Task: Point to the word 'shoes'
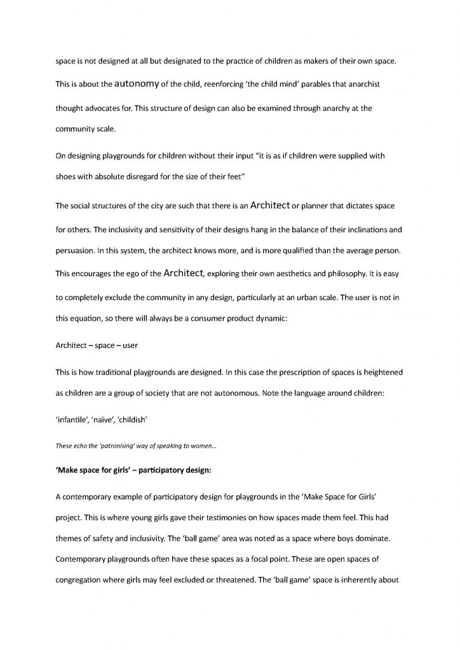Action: (67, 176)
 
